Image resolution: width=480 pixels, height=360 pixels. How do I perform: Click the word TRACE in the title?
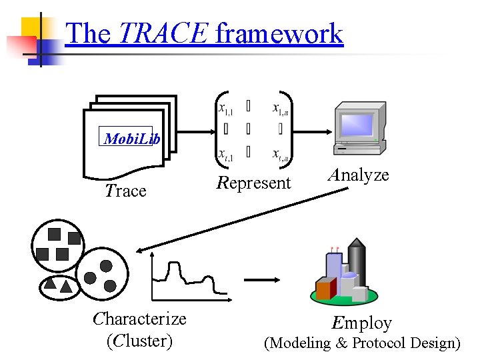point(163,33)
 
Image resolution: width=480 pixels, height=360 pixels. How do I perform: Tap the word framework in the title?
point(279,33)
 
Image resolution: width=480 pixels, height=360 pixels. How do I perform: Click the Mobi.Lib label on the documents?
point(132,139)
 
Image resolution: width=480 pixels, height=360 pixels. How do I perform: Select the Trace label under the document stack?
point(125,191)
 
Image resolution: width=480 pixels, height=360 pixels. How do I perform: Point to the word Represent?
point(254,183)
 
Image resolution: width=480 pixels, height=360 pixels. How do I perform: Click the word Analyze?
point(358,175)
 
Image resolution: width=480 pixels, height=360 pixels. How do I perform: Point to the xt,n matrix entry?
point(280,155)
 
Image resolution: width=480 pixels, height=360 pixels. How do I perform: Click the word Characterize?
point(139,319)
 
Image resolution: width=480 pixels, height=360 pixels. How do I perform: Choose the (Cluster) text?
point(139,341)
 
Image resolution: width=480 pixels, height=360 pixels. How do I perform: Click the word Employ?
point(362,323)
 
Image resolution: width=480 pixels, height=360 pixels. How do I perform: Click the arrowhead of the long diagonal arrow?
point(140,251)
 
